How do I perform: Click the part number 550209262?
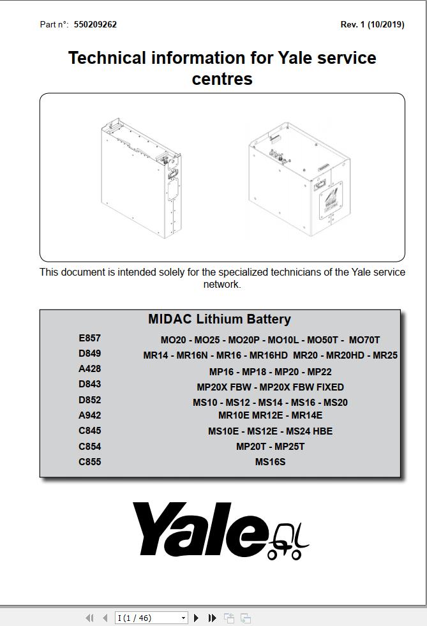(x=95, y=25)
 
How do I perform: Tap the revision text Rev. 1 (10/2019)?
(x=372, y=25)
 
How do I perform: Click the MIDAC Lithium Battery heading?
(x=219, y=319)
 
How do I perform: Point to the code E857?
(x=89, y=338)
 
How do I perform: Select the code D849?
(x=89, y=354)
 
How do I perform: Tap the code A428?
(x=89, y=369)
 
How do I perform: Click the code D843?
(x=89, y=384)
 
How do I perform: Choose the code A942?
(x=89, y=415)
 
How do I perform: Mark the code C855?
(x=89, y=462)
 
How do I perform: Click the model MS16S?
(x=270, y=462)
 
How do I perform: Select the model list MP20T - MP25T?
(x=270, y=447)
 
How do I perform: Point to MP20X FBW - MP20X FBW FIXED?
(x=270, y=387)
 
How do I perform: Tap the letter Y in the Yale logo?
(x=156, y=528)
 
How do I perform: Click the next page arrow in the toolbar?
(x=197, y=618)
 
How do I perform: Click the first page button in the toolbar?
(x=89, y=618)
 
